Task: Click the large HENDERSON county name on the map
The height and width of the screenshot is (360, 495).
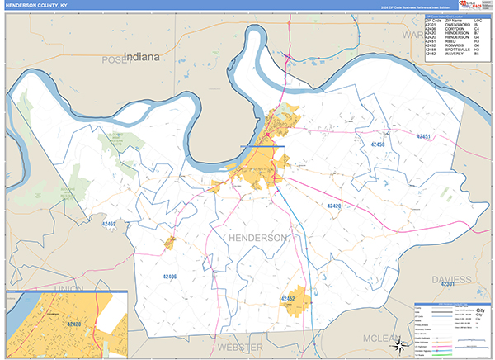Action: pos(256,238)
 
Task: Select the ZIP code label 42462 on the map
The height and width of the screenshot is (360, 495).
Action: pos(110,224)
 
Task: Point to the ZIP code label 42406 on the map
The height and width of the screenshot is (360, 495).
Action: pos(168,277)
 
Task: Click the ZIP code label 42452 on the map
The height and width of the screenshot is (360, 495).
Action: pos(288,298)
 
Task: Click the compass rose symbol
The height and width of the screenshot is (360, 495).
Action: pos(398,344)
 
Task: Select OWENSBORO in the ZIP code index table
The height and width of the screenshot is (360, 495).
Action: pos(458,25)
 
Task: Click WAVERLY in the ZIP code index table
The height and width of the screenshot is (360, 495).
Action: pos(456,54)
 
